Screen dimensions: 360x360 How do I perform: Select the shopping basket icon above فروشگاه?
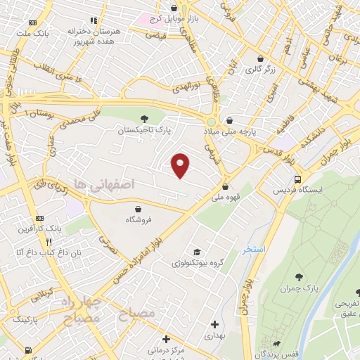[x=139, y=209]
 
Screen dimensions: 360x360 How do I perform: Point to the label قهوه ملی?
[x=225, y=198]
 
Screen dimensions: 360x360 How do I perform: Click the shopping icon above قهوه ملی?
[x=225, y=187]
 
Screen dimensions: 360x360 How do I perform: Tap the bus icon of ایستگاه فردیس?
[x=297, y=179]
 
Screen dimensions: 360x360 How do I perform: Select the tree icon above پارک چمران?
[x=301, y=276]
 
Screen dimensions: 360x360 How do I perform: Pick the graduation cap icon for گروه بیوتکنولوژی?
[x=198, y=252]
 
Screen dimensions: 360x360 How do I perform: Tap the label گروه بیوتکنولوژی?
[x=197, y=263]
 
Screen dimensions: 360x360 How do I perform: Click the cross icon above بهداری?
[x=214, y=325]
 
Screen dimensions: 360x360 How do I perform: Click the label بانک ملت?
[x=33, y=32]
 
